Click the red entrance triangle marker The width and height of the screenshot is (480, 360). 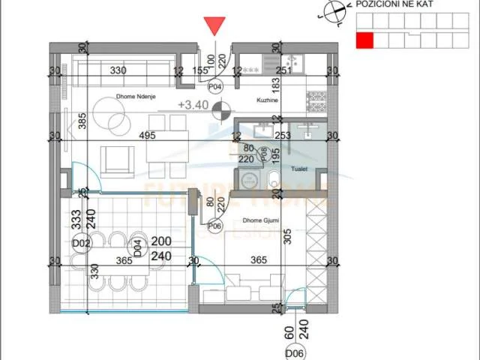coord(216,26)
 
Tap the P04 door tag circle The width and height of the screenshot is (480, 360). coord(216,87)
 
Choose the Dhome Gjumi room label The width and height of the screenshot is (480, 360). coord(261,221)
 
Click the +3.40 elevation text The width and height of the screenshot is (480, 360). coord(193,106)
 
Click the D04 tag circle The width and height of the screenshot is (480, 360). coord(138,243)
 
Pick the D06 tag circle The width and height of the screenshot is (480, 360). coord(293,352)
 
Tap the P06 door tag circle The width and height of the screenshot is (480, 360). coord(214,225)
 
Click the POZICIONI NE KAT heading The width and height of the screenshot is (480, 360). coord(404,4)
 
